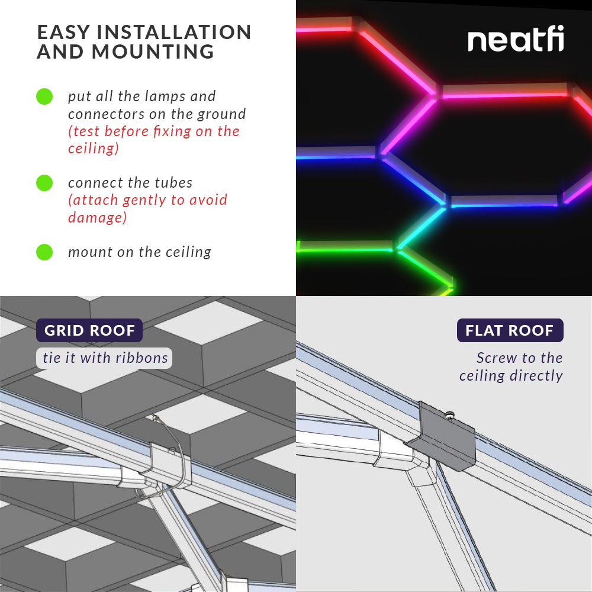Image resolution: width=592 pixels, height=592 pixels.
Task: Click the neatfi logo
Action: click(516, 40)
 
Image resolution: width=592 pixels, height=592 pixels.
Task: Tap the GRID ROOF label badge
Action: click(89, 330)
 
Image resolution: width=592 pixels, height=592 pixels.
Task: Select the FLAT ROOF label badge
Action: click(510, 330)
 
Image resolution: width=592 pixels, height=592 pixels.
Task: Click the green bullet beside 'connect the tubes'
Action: click(44, 183)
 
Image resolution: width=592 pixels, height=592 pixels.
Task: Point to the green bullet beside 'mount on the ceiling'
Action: click(44, 252)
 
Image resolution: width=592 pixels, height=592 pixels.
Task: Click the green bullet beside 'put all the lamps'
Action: click(44, 96)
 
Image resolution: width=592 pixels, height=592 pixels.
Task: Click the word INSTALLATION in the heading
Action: click(171, 32)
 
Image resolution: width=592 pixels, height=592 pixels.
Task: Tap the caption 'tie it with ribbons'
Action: click(105, 358)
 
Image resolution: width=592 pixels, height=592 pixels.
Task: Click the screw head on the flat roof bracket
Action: click(449, 415)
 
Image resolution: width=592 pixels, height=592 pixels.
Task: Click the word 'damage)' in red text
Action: click(97, 217)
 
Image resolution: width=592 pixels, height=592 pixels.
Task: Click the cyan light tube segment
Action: click(421, 228)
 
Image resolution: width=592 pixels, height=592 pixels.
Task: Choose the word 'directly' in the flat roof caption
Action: click(536, 376)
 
